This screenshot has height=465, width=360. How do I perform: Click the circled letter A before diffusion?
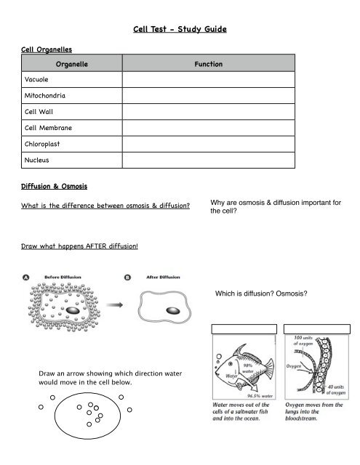[x=25, y=277]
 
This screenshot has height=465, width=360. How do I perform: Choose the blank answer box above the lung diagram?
[x=316, y=328]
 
